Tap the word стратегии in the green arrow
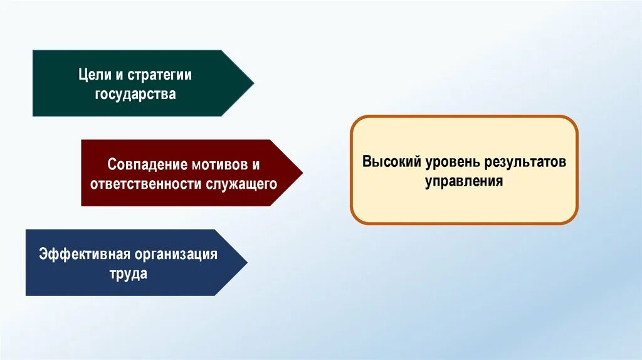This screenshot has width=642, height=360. [x=159, y=75]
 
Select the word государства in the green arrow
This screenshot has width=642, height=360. [x=135, y=94]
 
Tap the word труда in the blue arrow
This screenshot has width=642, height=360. [x=127, y=274]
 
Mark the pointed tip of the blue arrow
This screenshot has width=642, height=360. [x=246, y=262]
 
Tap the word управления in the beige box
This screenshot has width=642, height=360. [x=464, y=181]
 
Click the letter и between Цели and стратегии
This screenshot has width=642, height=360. [x=118, y=75]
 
